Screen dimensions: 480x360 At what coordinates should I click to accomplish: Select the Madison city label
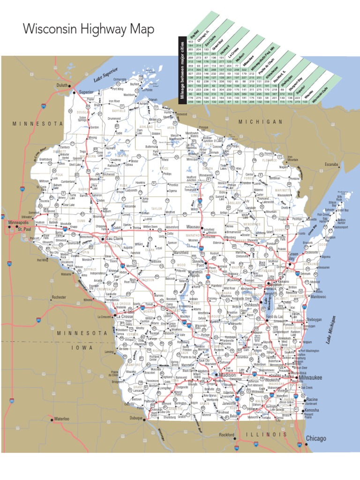click(228, 375)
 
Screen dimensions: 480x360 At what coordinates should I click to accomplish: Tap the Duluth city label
click(62, 85)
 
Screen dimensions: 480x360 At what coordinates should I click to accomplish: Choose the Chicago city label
click(316, 438)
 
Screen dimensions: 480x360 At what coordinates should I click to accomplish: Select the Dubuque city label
click(136, 418)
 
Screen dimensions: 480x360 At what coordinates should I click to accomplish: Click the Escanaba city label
click(331, 165)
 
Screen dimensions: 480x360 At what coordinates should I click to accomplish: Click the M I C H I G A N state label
click(260, 121)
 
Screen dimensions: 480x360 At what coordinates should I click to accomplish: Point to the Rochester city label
click(59, 297)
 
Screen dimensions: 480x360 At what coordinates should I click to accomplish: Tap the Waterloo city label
click(61, 418)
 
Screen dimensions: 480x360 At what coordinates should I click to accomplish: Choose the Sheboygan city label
click(314, 319)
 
